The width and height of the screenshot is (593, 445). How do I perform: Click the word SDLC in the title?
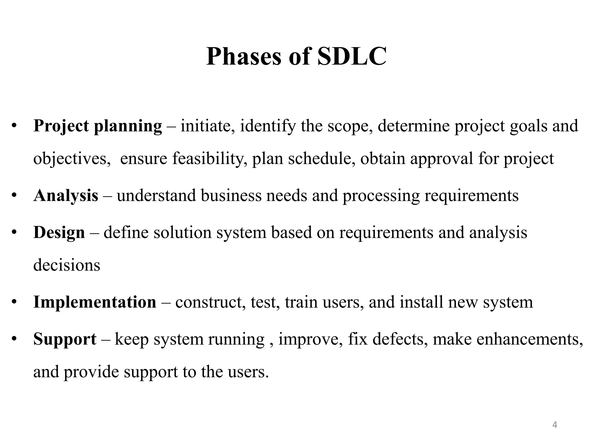[x=352, y=56]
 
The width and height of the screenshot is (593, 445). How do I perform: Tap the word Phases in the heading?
[x=244, y=56]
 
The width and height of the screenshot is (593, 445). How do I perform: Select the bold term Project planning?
[x=98, y=126]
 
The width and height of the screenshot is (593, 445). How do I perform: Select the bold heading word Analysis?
[x=66, y=196]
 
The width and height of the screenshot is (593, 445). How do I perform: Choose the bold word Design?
[x=59, y=233]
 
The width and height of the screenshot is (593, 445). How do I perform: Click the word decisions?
[x=67, y=265]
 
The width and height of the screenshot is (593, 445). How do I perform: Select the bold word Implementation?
[x=95, y=302]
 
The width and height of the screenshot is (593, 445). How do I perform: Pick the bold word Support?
[x=65, y=339]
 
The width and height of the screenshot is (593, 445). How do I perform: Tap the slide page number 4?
[x=554, y=425]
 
